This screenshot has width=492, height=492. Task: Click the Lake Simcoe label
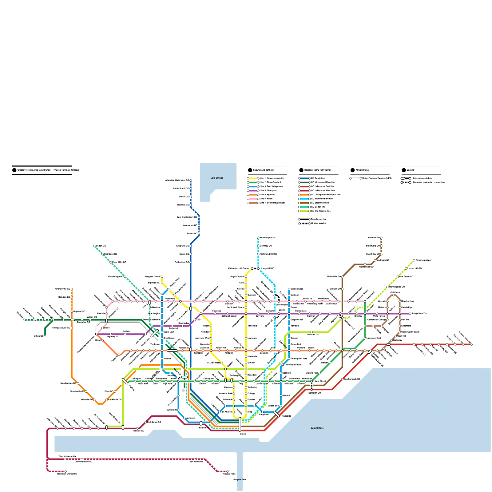(x=217, y=178)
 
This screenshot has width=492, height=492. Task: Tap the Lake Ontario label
(x=317, y=428)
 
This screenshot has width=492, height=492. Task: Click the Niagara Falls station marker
(x=228, y=471)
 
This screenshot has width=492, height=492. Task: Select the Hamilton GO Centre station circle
(x=65, y=471)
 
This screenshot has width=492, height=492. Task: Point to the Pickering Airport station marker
(x=414, y=260)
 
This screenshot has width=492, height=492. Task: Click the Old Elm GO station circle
(x=381, y=238)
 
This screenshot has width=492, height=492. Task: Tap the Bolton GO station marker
(x=94, y=246)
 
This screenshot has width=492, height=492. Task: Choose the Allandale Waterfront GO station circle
(x=191, y=181)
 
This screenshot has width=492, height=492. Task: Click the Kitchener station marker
(x=25, y=320)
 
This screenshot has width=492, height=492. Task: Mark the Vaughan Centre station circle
(x=162, y=277)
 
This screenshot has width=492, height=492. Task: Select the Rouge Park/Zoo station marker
(x=410, y=314)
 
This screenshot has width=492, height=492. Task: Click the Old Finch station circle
(x=394, y=295)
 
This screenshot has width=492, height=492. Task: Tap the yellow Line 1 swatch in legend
(x=253, y=178)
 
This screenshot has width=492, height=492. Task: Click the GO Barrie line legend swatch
(x=304, y=178)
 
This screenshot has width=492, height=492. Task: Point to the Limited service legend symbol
(x=304, y=224)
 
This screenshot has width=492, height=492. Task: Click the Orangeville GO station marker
(x=72, y=289)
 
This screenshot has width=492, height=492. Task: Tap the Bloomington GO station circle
(x=258, y=238)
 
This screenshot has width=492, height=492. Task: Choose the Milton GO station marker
(x=45, y=336)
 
